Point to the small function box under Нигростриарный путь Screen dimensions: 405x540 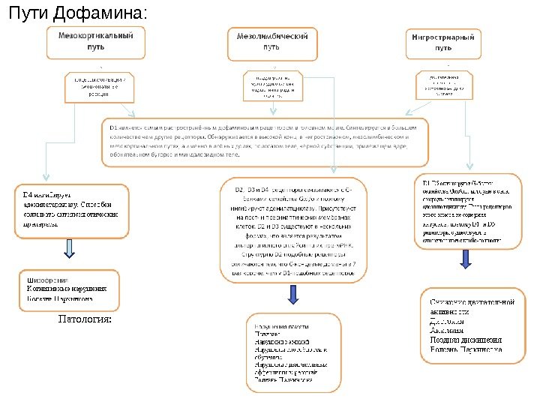click(x=445, y=85)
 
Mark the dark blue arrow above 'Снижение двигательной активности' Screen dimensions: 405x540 click(x=466, y=258)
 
